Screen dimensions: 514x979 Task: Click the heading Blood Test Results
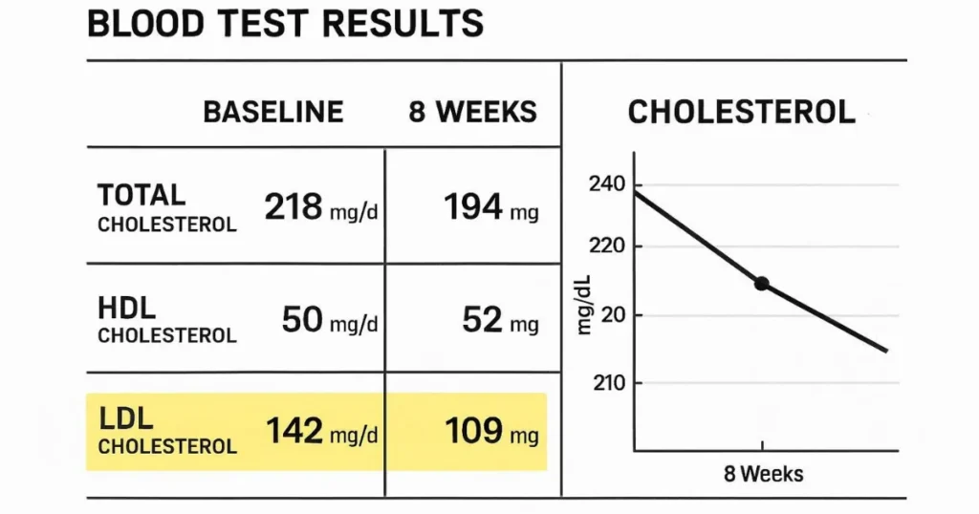pos(285,24)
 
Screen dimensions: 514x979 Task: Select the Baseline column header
pos(272,112)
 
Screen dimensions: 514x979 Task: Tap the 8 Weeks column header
pos(472,112)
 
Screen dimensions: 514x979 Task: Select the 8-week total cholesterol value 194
pos(474,207)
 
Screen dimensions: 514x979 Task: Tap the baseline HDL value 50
pos(302,320)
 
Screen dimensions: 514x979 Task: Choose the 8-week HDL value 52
pos(482,320)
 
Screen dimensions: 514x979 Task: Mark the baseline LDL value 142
pos(294,432)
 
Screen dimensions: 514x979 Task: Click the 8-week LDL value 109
pos(474,432)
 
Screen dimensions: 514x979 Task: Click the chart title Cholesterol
pos(741,112)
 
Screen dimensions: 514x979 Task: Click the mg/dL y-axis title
pos(585,304)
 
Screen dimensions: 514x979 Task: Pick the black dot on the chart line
pos(761,283)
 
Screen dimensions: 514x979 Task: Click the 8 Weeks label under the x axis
pos(762,474)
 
